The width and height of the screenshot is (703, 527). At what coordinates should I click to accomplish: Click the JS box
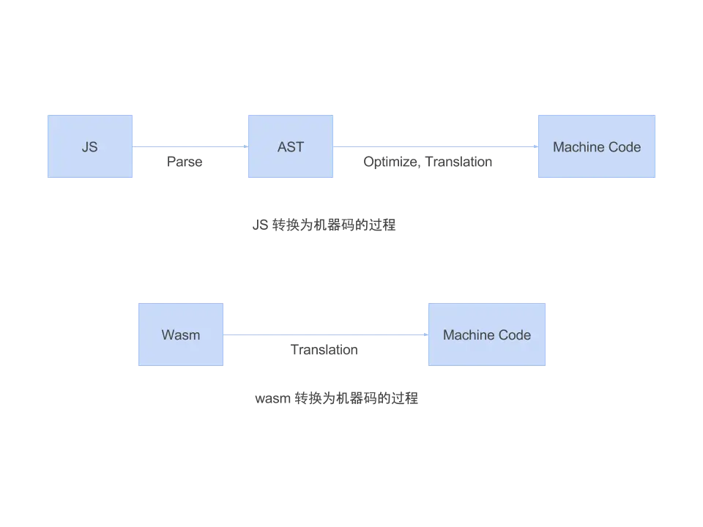pyautogui.click(x=90, y=146)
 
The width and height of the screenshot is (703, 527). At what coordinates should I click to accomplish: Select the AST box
pyautogui.click(x=290, y=146)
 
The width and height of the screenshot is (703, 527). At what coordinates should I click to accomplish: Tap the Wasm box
pyautogui.click(x=180, y=335)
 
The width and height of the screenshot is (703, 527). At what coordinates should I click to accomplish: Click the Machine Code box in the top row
pyautogui.click(x=596, y=146)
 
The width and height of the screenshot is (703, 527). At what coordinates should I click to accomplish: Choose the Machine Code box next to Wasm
pyautogui.click(x=487, y=335)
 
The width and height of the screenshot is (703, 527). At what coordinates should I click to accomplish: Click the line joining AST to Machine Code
pyautogui.click(x=432, y=149)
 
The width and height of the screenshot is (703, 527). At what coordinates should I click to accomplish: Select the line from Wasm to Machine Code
pyautogui.click(x=326, y=336)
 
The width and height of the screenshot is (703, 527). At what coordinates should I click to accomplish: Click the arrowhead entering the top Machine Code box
pyautogui.click(x=534, y=149)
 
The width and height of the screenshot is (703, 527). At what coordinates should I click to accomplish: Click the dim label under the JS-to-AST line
pyautogui.click(x=184, y=163)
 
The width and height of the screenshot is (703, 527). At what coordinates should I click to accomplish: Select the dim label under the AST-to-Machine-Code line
pyautogui.click(x=427, y=163)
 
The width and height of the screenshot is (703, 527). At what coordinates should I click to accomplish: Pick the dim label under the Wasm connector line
pyautogui.click(x=322, y=351)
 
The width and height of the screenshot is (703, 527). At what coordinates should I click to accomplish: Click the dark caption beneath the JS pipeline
pyautogui.click(x=324, y=226)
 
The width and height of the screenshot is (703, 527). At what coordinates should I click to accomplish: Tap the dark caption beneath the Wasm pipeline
pyautogui.click(x=337, y=399)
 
